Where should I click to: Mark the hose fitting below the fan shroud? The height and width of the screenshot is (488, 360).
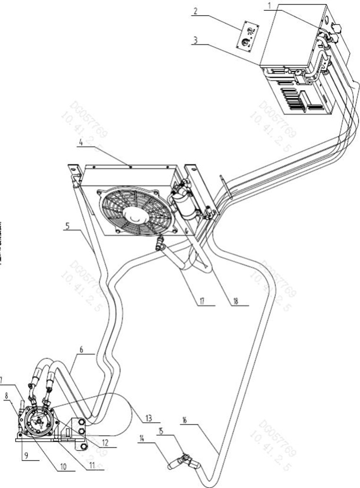click(160, 244)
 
